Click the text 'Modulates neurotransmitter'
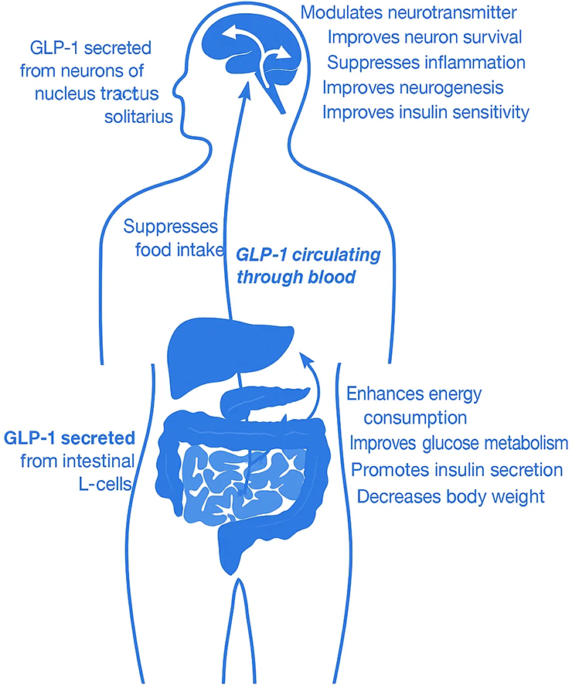tap(409, 12)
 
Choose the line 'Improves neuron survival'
tap(425, 37)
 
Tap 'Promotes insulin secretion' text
tap(456, 469)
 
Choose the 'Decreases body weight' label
tap(451, 496)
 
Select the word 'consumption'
tap(415, 418)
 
